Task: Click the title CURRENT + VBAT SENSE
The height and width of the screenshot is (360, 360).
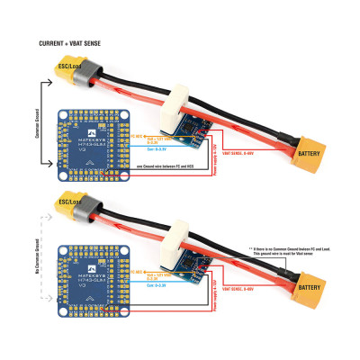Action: [x=70, y=43]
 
